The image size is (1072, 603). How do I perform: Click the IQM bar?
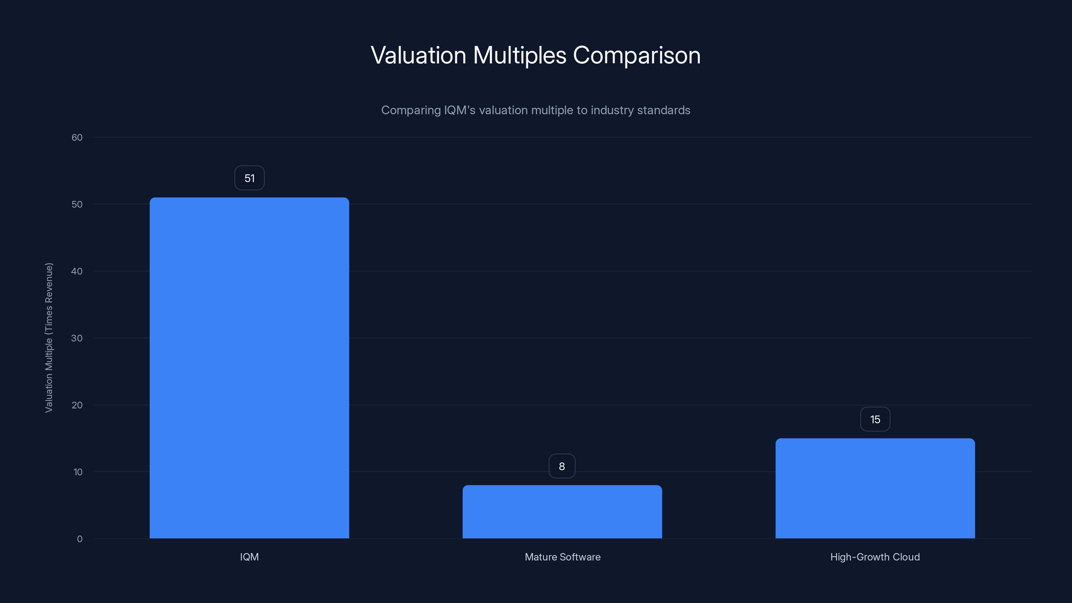coord(249,368)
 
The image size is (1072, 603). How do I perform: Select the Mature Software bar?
coord(562,512)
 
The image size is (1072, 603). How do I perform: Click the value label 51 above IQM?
coord(249,178)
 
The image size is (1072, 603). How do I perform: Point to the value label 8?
coord(562,466)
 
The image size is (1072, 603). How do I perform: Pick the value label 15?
coord(875,419)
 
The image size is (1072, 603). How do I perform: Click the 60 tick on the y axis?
coord(77,137)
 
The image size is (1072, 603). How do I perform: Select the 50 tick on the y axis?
coord(77,204)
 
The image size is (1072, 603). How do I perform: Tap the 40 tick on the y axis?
coord(77,271)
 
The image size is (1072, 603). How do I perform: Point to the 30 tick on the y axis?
coord(77,338)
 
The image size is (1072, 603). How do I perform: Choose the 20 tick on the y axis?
coord(77,405)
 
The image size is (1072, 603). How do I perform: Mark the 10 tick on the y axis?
coord(78,472)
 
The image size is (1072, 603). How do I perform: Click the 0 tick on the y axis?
coord(79,539)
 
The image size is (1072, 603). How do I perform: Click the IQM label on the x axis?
coord(249,557)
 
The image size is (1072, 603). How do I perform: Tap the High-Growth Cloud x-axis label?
coord(875,557)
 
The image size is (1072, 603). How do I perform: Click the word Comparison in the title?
coord(637,55)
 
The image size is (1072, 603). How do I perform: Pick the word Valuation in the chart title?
coord(418,55)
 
